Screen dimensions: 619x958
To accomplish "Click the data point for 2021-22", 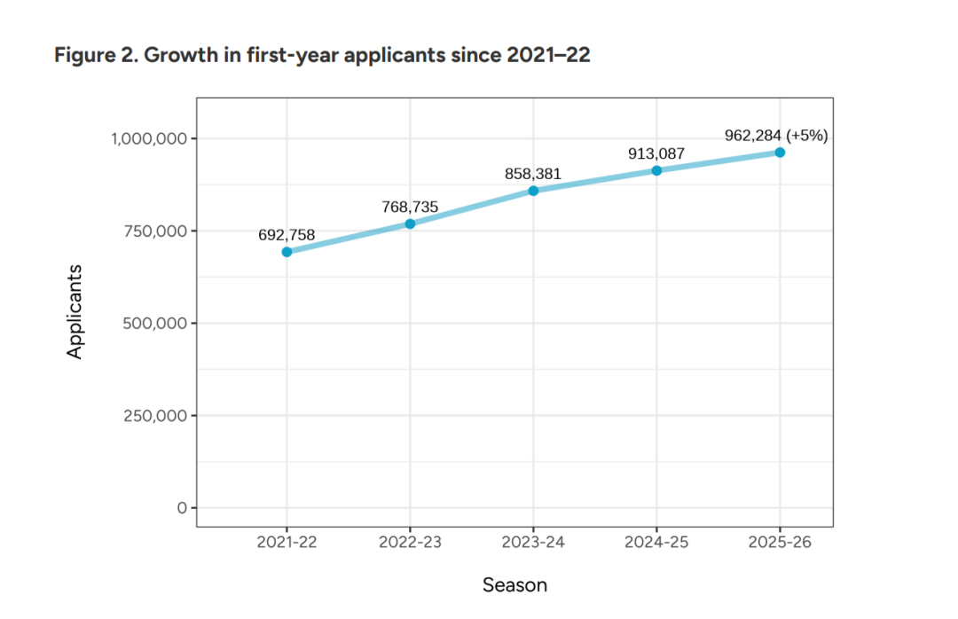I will tap(287, 252).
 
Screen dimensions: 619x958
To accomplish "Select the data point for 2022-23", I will tap(410, 223).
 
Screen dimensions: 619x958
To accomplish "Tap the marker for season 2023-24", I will tap(533, 191).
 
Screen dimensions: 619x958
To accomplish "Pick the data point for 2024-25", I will tap(656, 170).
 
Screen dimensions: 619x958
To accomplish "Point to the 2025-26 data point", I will tap(780, 153).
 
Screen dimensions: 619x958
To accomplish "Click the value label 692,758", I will tap(287, 235).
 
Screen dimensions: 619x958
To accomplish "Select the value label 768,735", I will tap(410, 207).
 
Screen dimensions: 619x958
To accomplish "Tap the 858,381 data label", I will tap(533, 174).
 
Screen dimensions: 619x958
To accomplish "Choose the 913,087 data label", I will tap(656, 153).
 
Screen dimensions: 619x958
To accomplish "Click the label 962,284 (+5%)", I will tap(776, 136).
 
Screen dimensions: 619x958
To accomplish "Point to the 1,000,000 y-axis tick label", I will tap(148, 138).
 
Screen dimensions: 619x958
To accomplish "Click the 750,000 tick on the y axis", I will tap(156, 231).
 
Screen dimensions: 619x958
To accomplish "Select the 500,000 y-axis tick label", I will tap(156, 323).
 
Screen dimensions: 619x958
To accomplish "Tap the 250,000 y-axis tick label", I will tap(156, 415).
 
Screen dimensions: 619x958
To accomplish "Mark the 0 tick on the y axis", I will tap(181, 508).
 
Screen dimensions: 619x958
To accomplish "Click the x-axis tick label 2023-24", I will tap(533, 542).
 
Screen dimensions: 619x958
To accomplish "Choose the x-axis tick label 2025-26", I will tap(780, 542).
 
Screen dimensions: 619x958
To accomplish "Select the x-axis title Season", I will tap(514, 585).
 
